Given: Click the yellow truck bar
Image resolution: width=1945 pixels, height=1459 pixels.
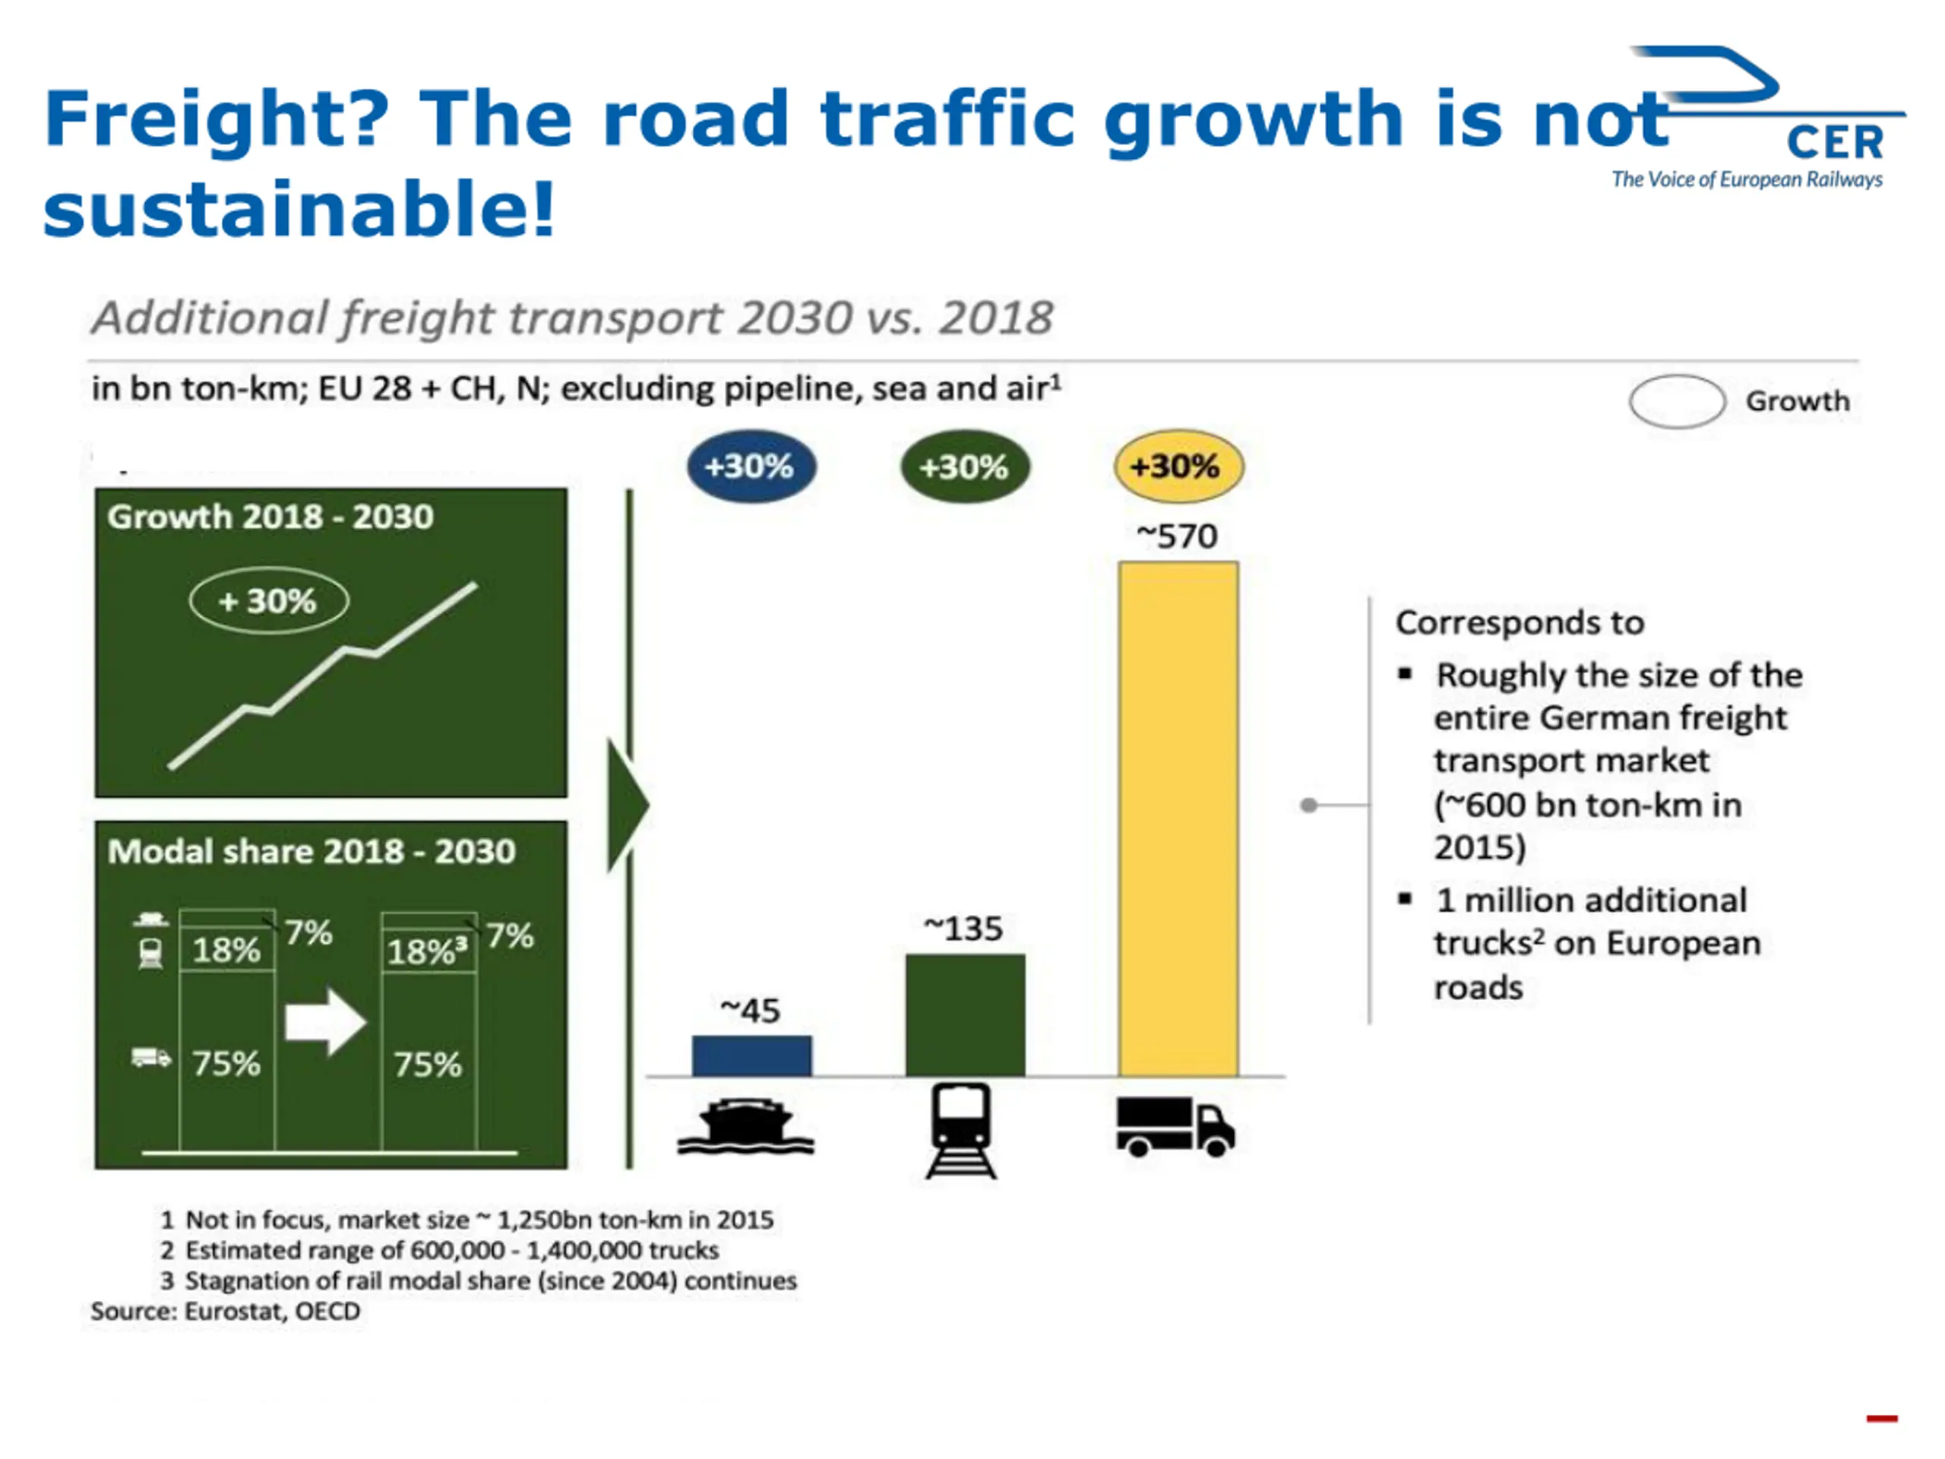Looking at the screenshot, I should point(1178,818).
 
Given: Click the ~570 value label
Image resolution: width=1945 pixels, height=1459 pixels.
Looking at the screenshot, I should point(1178,536).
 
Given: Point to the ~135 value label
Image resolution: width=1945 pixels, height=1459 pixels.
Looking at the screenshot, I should point(963,929).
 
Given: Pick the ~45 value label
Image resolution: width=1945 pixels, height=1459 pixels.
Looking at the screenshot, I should point(750,1011).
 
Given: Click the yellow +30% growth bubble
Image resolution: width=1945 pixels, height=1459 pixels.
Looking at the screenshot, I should point(1178,466).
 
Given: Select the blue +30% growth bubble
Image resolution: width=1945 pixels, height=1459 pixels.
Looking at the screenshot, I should point(750,466).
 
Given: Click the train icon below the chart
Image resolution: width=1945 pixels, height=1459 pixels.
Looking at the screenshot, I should point(962,1130).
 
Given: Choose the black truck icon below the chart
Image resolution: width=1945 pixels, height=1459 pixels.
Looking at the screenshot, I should point(1175,1127).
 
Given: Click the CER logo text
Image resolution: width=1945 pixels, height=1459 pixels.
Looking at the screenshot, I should point(1834,142).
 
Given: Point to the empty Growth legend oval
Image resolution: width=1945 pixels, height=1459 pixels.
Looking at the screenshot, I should point(1677,401).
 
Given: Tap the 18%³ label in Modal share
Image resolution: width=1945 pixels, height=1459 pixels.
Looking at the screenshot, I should point(427,951).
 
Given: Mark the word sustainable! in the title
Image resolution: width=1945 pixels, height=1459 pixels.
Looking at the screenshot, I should point(299,209).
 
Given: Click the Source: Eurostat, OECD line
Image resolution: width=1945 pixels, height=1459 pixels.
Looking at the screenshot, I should point(225,1312).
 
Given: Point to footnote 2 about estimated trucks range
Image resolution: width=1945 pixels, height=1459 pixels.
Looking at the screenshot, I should point(440,1250).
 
